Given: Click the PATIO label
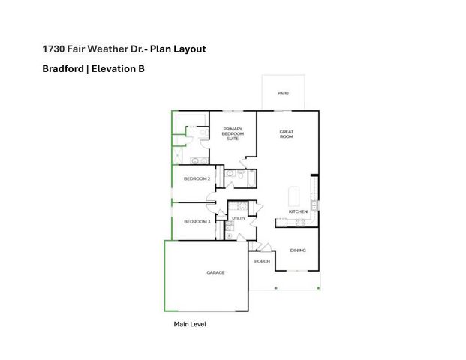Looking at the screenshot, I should coord(283,94).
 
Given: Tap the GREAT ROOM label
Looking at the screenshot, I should coord(287,135).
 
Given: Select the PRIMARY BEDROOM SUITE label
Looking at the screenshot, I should coord(233,133).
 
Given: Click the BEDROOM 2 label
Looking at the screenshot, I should coord(197,178).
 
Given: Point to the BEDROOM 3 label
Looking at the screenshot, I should coord(197,221).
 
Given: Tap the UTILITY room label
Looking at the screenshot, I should coord(239,218).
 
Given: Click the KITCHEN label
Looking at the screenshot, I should coord(298,212).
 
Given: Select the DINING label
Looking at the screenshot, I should coord(298,250).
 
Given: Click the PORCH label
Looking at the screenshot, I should coord(262,261).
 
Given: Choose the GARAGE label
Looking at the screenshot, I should coord(215,272).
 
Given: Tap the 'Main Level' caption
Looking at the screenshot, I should coord(190,324).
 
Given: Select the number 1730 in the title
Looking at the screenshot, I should coord(53,49).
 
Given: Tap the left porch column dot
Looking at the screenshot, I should coord(275,288).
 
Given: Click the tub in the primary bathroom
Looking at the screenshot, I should coord(195,120).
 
